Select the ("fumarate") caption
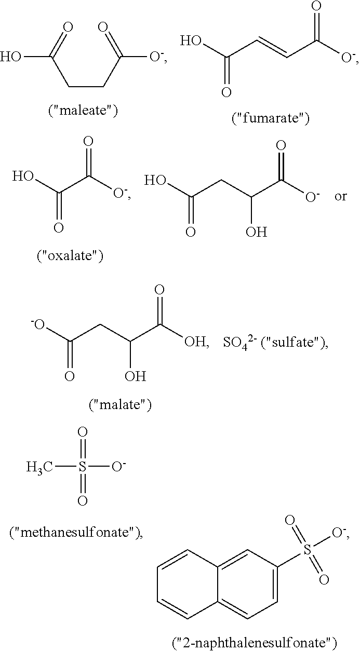(270, 118)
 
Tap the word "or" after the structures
(340, 197)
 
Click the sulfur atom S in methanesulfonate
(82, 467)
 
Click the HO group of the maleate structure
(10, 57)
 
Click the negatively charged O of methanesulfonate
(119, 466)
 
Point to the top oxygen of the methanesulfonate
(82, 432)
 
